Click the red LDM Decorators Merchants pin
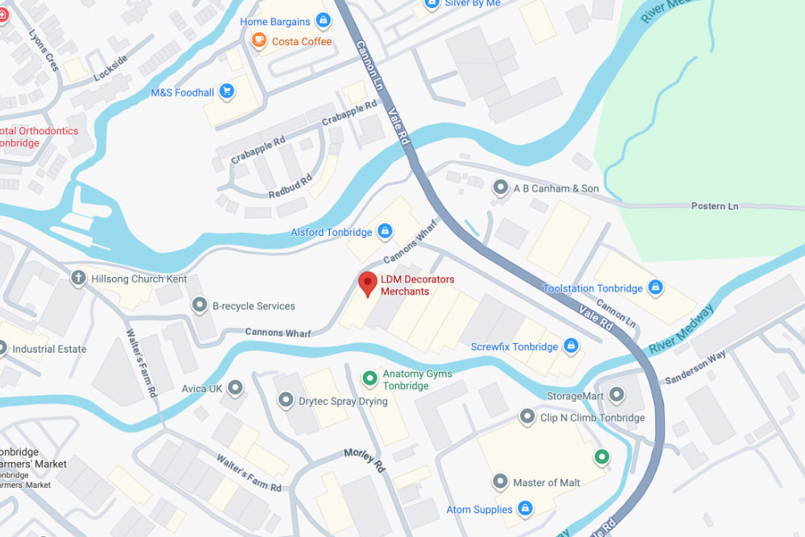[x=368, y=284]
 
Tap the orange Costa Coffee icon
[x=258, y=41]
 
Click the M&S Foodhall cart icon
[x=227, y=92]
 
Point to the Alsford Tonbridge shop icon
[x=385, y=232]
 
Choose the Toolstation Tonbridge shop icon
[x=655, y=287]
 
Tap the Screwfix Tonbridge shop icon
[x=571, y=346]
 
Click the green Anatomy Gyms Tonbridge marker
[x=369, y=377]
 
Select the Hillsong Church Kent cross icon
[x=78, y=279]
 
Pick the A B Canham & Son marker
[x=501, y=188]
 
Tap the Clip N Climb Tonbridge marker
[x=527, y=417]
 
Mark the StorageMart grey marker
[x=617, y=394]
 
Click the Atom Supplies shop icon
[x=525, y=509]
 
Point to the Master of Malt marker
[x=501, y=481]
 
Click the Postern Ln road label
[x=714, y=206]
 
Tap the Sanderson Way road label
[x=696, y=366]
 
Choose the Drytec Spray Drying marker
[x=286, y=400]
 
